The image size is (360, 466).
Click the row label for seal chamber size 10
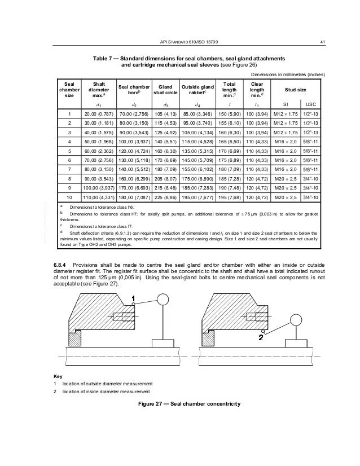(x=69, y=198)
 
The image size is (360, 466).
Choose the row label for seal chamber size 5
(x=69, y=151)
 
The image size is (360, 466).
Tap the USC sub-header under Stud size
(x=310, y=104)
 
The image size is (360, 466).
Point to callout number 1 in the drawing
(x=133, y=297)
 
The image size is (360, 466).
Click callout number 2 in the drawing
(x=261, y=338)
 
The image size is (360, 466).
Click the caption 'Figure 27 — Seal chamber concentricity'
(x=192, y=404)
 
